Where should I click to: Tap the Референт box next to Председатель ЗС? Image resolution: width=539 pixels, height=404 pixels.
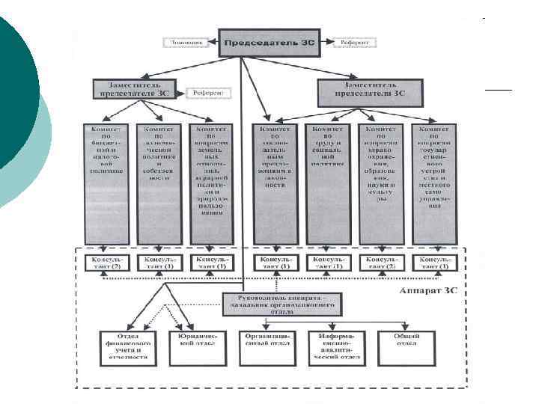pos(355,42)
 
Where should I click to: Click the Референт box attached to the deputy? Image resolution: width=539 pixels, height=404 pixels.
pos(209,93)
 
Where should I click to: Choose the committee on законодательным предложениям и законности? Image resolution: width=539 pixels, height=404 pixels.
pos(275,180)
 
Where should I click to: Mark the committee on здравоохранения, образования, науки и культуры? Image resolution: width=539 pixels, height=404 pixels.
pos(382,180)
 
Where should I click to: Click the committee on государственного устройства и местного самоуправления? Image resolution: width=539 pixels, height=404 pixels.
pos(435,180)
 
